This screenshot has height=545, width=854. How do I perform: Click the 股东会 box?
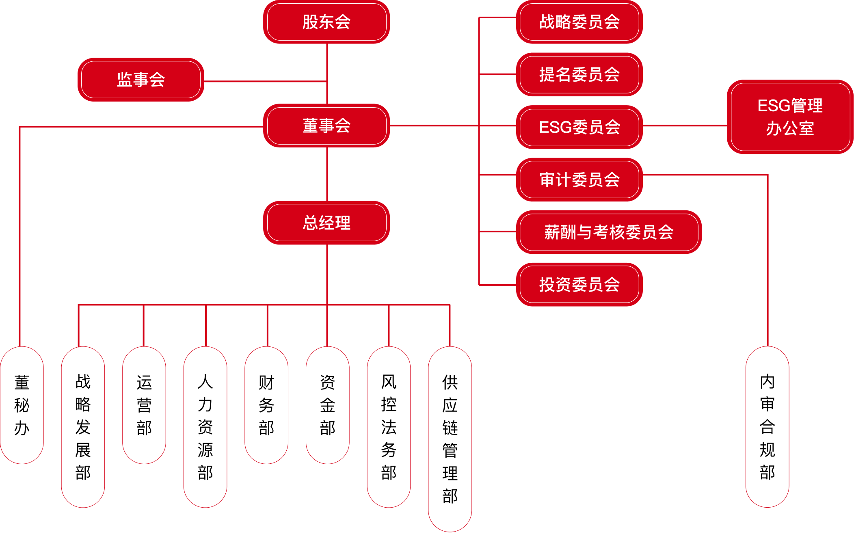click(326, 22)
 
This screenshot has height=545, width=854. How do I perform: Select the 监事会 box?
click(141, 80)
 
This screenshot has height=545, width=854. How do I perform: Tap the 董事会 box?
click(326, 126)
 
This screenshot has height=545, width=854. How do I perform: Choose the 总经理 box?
click(326, 223)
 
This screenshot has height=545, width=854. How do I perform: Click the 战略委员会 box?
click(579, 22)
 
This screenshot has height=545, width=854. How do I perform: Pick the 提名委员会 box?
click(579, 75)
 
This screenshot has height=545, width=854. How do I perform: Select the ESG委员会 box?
click(579, 127)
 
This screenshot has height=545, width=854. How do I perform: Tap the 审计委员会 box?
click(579, 180)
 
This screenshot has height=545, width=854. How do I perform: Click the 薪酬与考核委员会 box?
click(609, 232)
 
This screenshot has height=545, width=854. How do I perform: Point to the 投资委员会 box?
click(579, 285)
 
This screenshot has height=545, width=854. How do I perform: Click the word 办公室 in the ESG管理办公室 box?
click(790, 129)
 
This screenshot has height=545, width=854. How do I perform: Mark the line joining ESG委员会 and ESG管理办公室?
click(685, 126)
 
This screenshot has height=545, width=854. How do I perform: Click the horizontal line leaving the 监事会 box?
click(264, 82)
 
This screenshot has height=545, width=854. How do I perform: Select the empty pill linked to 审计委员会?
click(767, 426)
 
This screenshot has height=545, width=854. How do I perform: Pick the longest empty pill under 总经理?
click(450, 439)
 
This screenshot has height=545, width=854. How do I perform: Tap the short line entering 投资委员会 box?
click(498, 285)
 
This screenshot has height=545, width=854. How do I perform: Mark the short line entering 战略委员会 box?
click(498, 18)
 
